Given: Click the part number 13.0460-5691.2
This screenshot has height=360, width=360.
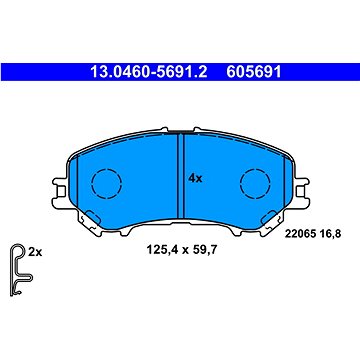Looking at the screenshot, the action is [149, 72].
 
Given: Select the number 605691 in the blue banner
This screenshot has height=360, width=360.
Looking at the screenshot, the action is [254, 72].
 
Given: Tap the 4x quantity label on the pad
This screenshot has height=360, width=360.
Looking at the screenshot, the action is [195, 179].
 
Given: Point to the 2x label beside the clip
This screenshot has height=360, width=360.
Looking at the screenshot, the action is [35, 253].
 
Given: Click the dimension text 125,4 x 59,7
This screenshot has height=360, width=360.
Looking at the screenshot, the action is [182, 249].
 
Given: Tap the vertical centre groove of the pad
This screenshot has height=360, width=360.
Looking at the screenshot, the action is [181, 176].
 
